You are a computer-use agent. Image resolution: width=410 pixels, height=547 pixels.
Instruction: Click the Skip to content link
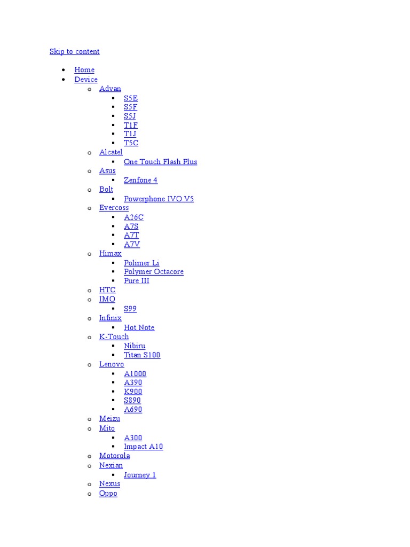click(74, 51)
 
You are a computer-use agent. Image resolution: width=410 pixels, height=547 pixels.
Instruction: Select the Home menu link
click(84, 70)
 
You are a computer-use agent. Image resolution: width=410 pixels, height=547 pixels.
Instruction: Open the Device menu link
click(86, 80)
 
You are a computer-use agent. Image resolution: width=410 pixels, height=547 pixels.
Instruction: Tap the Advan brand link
click(110, 89)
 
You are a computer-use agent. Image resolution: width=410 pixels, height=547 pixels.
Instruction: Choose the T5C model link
click(131, 143)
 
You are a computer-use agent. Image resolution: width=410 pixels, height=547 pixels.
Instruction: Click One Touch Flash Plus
click(160, 162)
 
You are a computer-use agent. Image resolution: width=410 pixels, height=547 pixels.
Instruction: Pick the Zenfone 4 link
click(140, 181)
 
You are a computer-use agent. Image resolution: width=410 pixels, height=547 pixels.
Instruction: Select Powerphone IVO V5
click(159, 199)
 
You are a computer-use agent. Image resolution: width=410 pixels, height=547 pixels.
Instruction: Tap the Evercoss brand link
click(114, 208)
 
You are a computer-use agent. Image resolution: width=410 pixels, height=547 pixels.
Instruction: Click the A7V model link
click(132, 245)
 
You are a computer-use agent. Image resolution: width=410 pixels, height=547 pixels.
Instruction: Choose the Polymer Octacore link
click(153, 272)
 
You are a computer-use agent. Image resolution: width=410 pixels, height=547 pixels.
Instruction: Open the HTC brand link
click(107, 290)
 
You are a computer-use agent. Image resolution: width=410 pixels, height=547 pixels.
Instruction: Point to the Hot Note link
click(139, 328)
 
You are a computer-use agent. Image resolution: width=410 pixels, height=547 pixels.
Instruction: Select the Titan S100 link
click(142, 355)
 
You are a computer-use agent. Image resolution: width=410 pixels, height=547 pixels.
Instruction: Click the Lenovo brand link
click(112, 364)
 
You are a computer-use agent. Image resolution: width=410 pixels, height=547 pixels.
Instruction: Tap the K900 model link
click(133, 392)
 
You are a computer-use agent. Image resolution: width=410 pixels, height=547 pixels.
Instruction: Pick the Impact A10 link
click(143, 447)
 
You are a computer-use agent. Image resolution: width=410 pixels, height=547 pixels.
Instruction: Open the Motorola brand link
click(114, 456)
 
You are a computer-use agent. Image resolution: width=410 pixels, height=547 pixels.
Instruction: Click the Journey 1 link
click(140, 475)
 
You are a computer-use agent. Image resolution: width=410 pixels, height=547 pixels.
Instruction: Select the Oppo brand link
click(108, 494)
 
